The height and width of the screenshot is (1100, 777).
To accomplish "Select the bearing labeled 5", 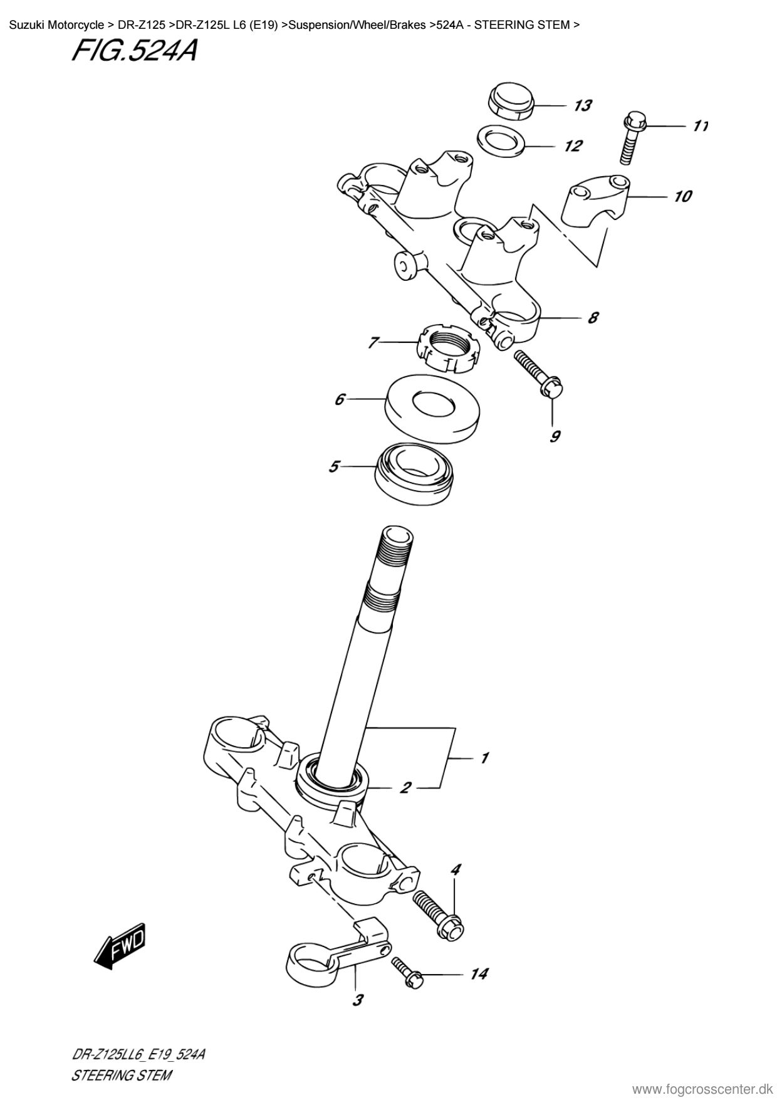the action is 414,472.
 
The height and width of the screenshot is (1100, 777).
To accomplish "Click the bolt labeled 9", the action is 540,377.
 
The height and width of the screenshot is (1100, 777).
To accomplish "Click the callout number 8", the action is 592,317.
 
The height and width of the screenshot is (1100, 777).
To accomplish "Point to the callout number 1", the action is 484,758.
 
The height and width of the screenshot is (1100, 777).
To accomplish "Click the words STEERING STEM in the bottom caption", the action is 122,1076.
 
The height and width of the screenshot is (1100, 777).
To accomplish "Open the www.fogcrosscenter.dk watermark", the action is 704,1088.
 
